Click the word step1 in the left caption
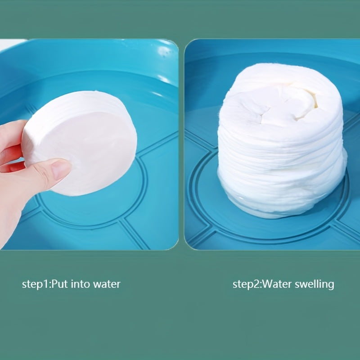pyautogui.click(x=35, y=285)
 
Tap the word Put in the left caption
pyautogui.click(x=60, y=284)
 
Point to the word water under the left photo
pyautogui.click(x=107, y=285)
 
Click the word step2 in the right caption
pyautogui.click(x=246, y=285)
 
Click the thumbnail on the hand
pyautogui.click(x=60, y=170)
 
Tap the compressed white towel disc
pyautogui.click(x=81, y=143)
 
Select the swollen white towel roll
pyautogui.click(x=282, y=140)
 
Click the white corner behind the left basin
pyautogui.click(x=12, y=44)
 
